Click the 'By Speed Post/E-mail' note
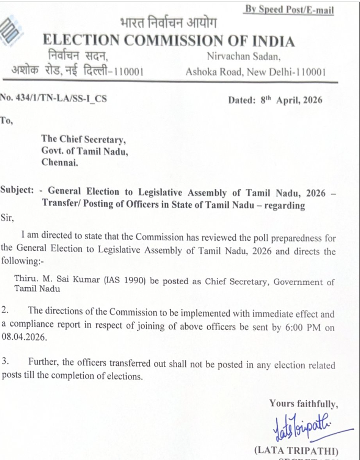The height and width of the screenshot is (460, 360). point(289,10)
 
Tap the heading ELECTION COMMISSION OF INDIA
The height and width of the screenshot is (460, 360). point(168,41)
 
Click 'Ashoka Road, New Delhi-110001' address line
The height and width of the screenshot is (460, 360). point(255,72)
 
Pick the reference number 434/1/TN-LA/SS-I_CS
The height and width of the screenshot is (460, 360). point(62,98)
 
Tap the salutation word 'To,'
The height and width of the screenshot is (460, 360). point(7,120)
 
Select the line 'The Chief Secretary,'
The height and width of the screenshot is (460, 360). point(83,139)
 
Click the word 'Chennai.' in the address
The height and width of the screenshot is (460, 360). point(60,163)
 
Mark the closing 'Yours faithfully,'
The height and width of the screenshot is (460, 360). point(303,403)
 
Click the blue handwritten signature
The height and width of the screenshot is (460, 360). point(300,430)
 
